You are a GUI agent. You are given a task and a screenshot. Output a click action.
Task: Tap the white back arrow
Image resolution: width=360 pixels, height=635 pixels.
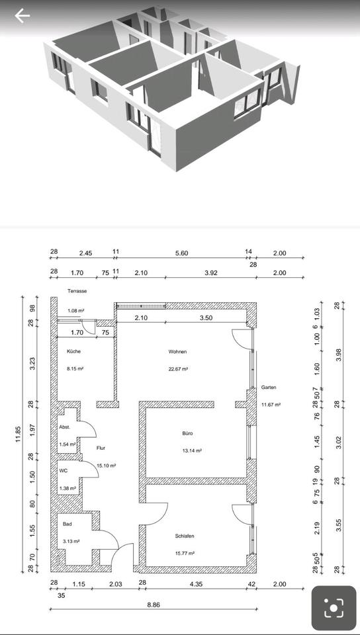pyautogui.click(x=22, y=16)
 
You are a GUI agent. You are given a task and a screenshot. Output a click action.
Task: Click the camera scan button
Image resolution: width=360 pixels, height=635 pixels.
pyautogui.click(x=334, y=607)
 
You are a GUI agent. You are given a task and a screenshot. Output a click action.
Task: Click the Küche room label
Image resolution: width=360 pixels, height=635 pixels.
pyautogui.click(x=73, y=351)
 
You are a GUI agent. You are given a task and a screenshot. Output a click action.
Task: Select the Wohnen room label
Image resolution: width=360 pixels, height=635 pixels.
pyautogui.click(x=178, y=351)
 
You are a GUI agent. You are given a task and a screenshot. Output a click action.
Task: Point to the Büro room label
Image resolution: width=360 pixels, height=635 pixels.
pyautogui.click(x=187, y=433)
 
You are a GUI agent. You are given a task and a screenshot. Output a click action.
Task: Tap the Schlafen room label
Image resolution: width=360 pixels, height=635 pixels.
pyautogui.click(x=185, y=536)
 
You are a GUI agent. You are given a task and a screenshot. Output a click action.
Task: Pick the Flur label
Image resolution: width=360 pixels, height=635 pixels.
pyautogui.click(x=101, y=448)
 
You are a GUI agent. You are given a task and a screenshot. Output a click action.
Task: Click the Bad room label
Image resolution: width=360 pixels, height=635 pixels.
pyautogui.click(x=67, y=524)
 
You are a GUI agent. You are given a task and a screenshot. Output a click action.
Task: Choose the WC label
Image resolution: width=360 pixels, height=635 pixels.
pyautogui.click(x=63, y=471)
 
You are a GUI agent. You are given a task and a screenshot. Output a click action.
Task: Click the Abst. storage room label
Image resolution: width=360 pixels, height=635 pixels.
pyautogui.click(x=65, y=427)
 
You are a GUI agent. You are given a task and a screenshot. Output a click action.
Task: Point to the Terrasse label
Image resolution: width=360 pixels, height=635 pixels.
pyautogui.click(x=77, y=291)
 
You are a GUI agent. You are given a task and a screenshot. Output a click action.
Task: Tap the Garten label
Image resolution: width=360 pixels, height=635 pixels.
pyautogui.click(x=269, y=388)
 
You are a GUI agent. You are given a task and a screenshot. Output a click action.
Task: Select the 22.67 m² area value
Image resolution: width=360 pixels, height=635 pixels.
pyautogui.click(x=178, y=369)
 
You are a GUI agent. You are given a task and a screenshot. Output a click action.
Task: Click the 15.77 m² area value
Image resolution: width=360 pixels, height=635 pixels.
pyautogui.click(x=185, y=553)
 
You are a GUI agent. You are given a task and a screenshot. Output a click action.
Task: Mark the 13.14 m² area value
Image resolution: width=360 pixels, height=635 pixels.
pyautogui.click(x=191, y=450)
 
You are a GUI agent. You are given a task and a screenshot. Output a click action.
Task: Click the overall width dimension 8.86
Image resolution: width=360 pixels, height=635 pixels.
pyautogui.click(x=154, y=605)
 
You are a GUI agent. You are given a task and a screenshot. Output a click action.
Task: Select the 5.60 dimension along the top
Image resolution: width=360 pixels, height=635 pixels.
pyautogui.click(x=182, y=253)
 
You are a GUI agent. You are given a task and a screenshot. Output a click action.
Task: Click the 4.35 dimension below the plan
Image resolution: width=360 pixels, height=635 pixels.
pyautogui.click(x=195, y=584)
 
